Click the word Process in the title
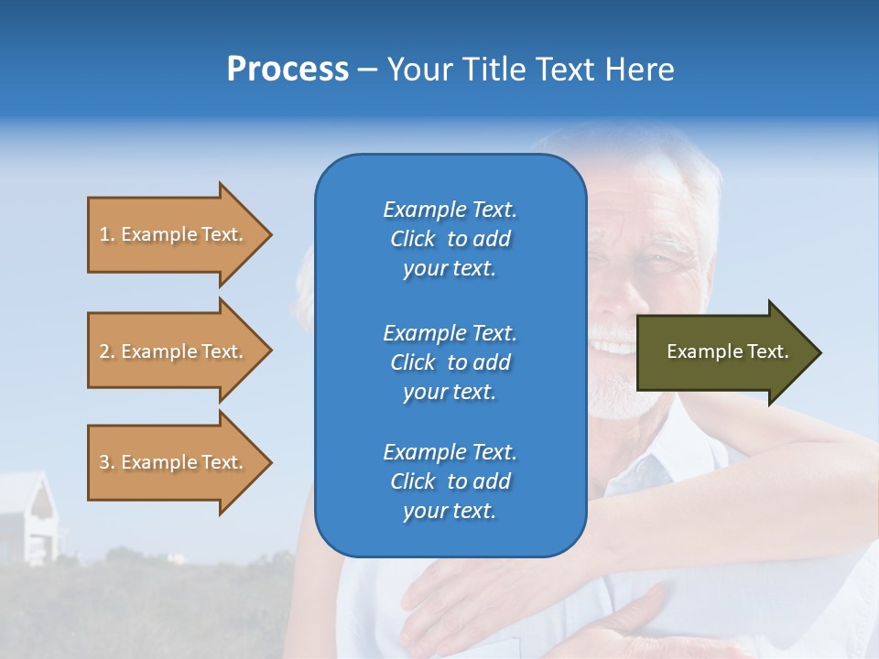288,69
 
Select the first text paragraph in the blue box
450,239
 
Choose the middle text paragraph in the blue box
450,362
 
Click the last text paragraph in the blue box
450,481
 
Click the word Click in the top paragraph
412,239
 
